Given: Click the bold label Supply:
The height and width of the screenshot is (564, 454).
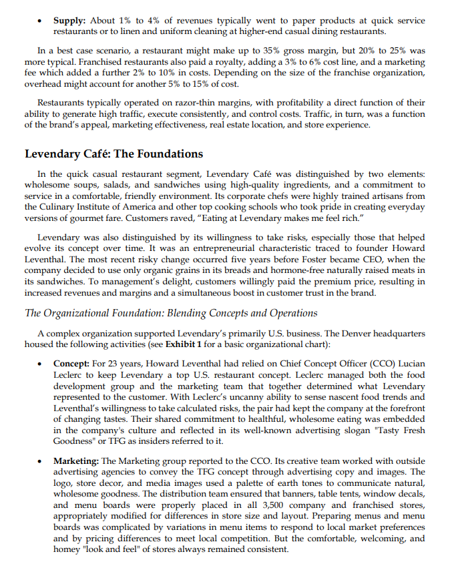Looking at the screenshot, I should (70, 21).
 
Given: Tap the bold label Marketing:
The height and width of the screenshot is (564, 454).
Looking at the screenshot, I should (76, 461).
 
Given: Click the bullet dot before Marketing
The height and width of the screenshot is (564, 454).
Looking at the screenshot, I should (42, 462).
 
